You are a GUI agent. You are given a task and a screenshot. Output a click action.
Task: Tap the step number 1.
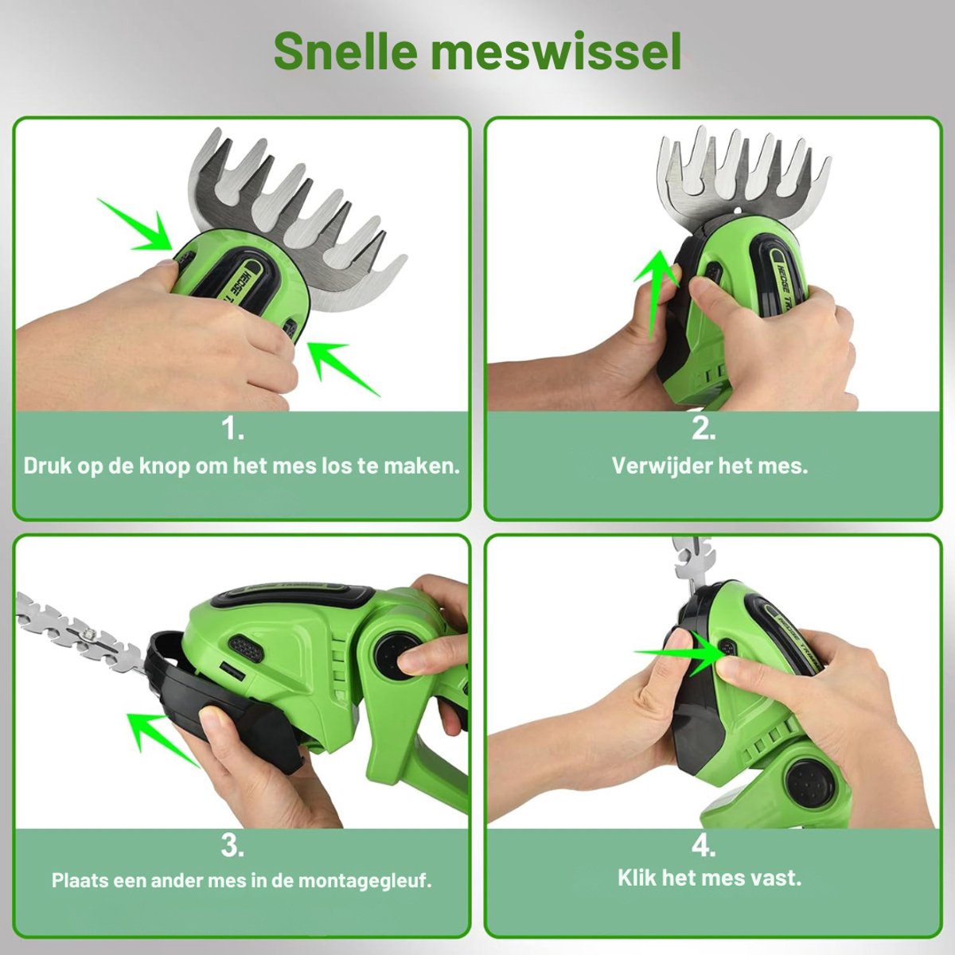(x=233, y=429)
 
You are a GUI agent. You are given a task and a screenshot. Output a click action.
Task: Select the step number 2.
(x=704, y=429)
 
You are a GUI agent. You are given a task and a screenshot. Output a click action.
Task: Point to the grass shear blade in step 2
(x=743, y=179)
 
